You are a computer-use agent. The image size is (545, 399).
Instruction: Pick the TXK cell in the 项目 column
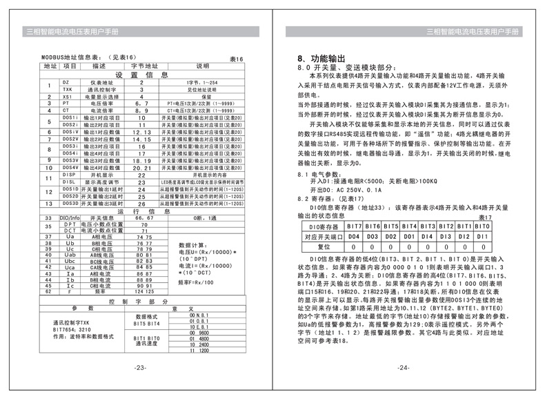pyautogui.click(x=67, y=89)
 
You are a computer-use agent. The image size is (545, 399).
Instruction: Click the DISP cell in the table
pyautogui.click(x=68, y=175)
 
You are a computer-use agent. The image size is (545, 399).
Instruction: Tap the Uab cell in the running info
pyautogui.click(x=69, y=255)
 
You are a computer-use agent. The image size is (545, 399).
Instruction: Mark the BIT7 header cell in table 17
pyautogui.click(x=354, y=226)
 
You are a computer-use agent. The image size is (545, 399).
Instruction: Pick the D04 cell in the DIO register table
pyautogui.click(x=354, y=236)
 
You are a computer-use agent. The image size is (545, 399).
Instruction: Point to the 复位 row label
pyautogui.click(x=321, y=246)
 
